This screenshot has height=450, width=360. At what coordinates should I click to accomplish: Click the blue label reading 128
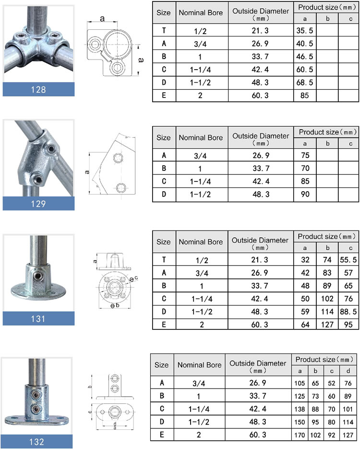point(38,89)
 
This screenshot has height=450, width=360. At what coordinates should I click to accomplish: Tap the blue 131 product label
point(38,318)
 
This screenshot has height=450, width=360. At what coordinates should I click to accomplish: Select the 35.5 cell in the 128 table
point(305,30)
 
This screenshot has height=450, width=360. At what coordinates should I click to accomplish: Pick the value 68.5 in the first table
point(305,83)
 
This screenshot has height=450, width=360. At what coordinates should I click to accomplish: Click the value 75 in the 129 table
point(305,155)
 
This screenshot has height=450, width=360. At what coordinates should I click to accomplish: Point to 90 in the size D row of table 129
point(305,195)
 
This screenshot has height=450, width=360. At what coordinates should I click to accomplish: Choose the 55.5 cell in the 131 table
point(348,260)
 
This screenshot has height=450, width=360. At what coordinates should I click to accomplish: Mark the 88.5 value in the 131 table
point(348,312)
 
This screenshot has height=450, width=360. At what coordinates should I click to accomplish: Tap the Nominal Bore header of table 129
point(201,137)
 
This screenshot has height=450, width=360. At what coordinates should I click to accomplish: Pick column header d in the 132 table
point(348,371)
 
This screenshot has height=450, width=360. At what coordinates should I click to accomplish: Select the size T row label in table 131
point(164,260)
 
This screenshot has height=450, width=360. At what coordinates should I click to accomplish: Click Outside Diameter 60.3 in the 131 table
point(260,325)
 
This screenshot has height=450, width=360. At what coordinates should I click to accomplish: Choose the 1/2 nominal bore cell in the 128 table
point(201,30)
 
